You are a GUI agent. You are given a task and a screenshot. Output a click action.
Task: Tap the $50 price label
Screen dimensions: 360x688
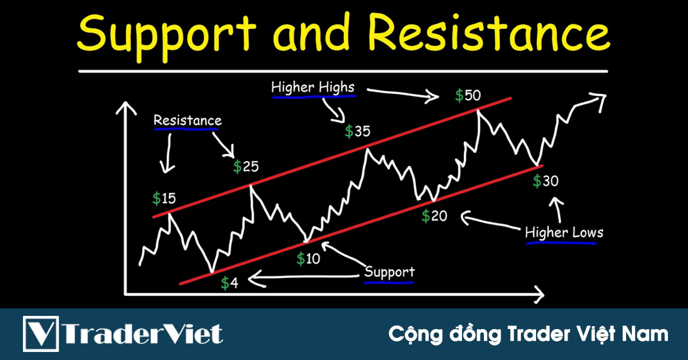tap(468, 96)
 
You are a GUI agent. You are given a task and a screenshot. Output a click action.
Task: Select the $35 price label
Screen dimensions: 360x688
tap(357, 131)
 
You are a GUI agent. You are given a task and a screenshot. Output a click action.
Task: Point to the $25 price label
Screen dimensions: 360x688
tap(246, 167)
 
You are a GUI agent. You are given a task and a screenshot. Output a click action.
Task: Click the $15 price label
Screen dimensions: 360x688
tap(164, 199)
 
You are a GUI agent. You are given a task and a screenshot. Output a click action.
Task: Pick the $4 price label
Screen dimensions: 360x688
tap(229, 283)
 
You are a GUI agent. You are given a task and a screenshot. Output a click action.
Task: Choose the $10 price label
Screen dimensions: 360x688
tap(308, 259)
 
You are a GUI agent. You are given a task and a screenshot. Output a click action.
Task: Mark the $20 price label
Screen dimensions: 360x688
tap(434, 216)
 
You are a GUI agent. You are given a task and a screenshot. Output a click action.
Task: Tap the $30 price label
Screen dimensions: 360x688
tap(546, 181)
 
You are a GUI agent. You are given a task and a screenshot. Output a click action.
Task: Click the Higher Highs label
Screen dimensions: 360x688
tap(312, 88)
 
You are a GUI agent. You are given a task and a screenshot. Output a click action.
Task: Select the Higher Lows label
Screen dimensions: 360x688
tap(564, 233)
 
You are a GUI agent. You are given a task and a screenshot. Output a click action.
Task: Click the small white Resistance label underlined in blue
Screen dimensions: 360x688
tap(187, 121)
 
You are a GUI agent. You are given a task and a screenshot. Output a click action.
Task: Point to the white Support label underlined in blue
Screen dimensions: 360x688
tap(389, 272)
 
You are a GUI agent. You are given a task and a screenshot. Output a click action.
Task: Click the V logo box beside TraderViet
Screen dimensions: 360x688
tap(41, 333)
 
